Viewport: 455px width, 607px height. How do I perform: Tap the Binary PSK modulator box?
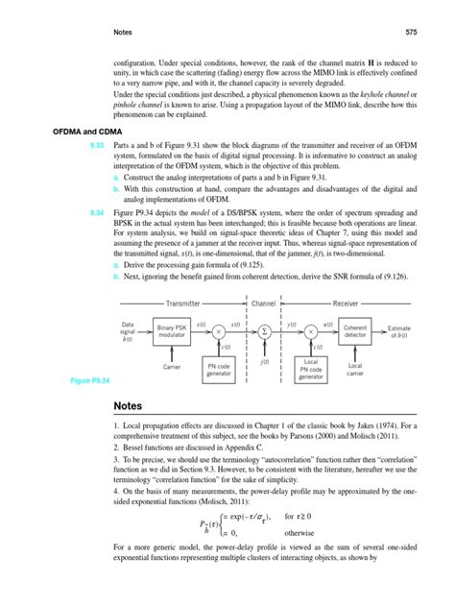point(173,329)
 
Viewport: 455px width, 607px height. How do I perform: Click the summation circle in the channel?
point(264,329)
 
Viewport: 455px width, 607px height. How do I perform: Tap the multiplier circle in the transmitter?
point(218,329)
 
